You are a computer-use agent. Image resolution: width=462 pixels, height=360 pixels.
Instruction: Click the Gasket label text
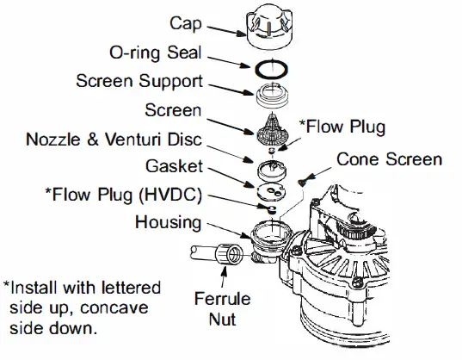[x=176, y=164]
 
